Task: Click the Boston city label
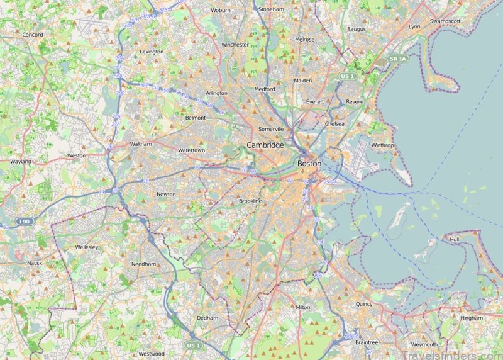point(309,164)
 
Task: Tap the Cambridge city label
point(265,145)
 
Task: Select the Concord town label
point(32,35)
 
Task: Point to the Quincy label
point(363,304)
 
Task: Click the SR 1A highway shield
point(397,59)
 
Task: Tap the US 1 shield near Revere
point(348,76)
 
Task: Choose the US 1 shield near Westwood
point(193,346)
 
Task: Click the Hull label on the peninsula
point(455,240)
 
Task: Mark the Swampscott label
point(445,21)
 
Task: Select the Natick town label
point(34,262)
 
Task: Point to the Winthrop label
point(382,145)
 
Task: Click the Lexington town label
point(151,52)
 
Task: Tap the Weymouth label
point(424,345)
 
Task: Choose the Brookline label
point(250,201)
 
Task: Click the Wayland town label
point(21,162)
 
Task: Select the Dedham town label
point(207,318)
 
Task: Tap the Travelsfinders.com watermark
point(446,350)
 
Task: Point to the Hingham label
point(471,318)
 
